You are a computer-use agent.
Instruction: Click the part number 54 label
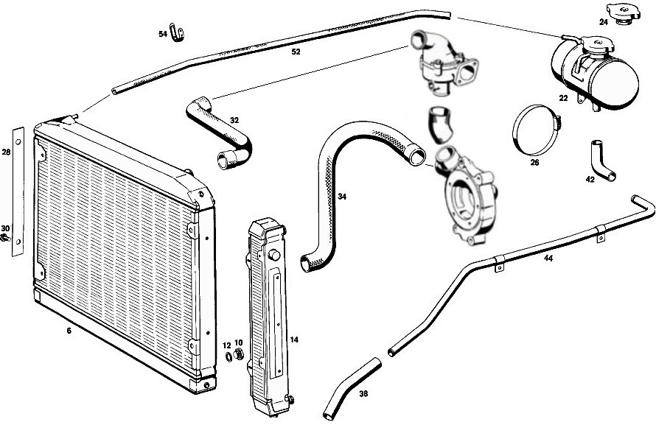(163, 35)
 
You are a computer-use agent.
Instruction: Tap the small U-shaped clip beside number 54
(177, 32)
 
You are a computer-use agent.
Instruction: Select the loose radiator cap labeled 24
(623, 13)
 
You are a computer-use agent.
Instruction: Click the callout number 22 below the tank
(563, 98)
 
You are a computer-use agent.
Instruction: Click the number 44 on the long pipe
(548, 259)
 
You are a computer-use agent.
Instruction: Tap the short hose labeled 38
(351, 389)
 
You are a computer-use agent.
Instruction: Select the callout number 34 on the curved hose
(342, 197)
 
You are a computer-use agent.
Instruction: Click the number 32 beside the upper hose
(234, 120)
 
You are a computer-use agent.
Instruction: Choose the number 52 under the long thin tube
(296, 52)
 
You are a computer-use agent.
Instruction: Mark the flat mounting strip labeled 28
(18, 191)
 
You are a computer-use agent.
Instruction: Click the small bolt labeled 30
(5, 239)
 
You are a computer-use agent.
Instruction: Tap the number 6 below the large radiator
(69, 331)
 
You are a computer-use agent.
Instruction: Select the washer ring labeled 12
(228, 357)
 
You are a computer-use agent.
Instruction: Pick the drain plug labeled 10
(239, 354)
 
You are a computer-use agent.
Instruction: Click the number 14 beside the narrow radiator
(294, 340)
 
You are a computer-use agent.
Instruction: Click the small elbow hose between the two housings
(440, 125)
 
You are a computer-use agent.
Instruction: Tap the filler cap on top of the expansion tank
(598, 45)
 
